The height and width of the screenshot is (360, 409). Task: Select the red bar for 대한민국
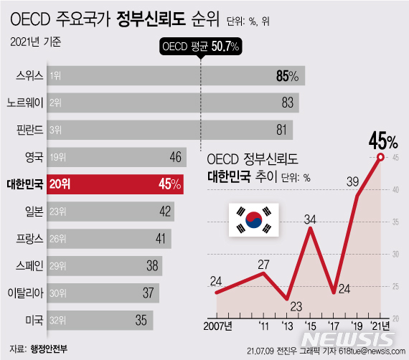pyautogui.click(x=115, y=184)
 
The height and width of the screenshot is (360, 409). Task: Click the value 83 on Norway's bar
pyautogui.click(x=288, y=103)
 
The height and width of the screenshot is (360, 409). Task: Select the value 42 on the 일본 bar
pyautogui.click(x=166, y=211)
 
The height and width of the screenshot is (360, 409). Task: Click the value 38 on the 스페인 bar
pyautogui.click(x=152, y=265)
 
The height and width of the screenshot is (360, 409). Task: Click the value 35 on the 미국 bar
pyautogui.click(x=143, y=320)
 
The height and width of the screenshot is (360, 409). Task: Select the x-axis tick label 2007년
pyautogui.click(x=213, y=328)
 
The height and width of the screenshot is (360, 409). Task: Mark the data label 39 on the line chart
pyautogui.click(x=354, y=182)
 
